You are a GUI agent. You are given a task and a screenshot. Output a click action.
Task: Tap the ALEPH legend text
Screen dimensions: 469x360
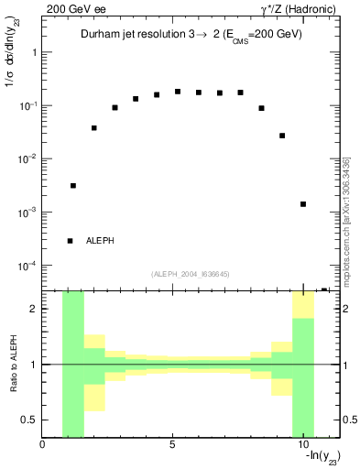point(101,241)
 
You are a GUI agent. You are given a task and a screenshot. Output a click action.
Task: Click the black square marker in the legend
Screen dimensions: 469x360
point(70,241)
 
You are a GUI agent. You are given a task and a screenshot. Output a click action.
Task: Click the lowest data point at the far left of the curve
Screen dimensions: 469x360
point(73,186)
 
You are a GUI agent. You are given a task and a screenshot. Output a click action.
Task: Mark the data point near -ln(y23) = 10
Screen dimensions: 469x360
point(303,204)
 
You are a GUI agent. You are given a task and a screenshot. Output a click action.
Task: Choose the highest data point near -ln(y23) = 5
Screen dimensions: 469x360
point(178,92)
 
